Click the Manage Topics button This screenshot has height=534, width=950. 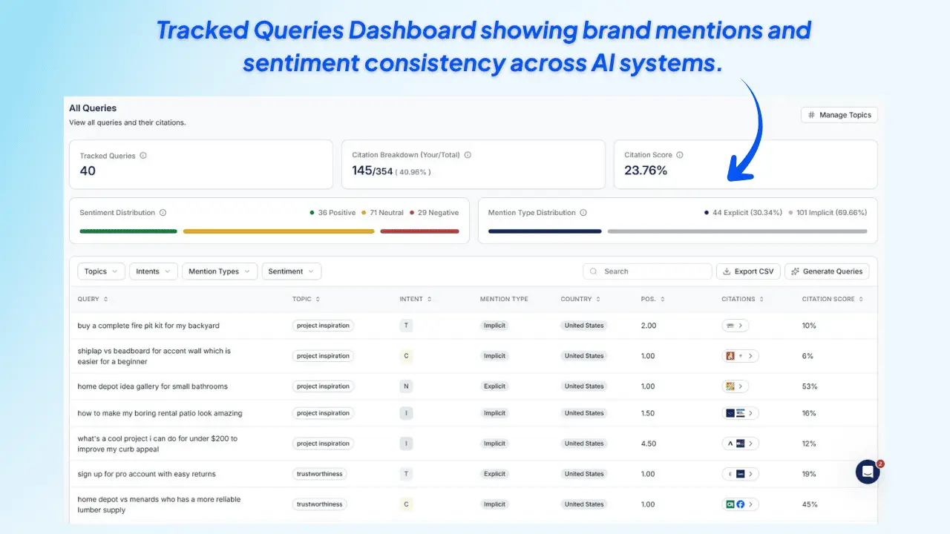pyautogui.click(x=839, y=115)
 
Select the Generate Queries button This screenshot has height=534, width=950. pyautogui.click(x=826, y=271)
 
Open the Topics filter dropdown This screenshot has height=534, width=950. pyautogui.click(x=101, y=271)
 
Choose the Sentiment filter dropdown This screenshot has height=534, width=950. pyautogui.click(x=291, y=271)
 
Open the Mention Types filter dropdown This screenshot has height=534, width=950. pyautogui.click(x=220, y=271)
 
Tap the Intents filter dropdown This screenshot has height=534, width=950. pyautogui.click(x=154, y=271)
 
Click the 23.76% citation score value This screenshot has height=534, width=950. pyautogui.click(x=646, y=171)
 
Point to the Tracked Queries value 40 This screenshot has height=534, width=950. pyautogui.click(x=88, y=171)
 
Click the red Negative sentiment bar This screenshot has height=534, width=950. pyautogui.click(x=419, y=231)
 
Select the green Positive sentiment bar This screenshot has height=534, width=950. pyautogui.click(x=128, y=231)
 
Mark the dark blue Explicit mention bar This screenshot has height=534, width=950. pyautogui.click(x=545, y=231)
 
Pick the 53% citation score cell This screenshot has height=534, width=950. pyautogui.click(x=810, y=386)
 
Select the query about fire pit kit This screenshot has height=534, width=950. pyautogui.click(x=148, y=326)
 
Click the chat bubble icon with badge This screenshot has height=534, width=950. pyautogui.click(x=868, y=472)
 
